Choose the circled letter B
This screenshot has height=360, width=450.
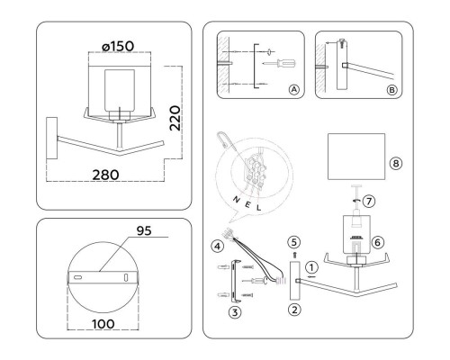pyautogui.click(x=389, y=90)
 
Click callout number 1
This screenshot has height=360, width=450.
pyautogui.click(x=311, y=266)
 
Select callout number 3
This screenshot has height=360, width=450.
pyautogui.click(x=232, y=311)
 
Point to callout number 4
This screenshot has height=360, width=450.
pyautogui.click(x=216, y=246)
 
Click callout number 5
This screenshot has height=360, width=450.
pyautogui.click(x=293, y=242)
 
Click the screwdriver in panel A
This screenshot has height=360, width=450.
pyautogui.click(x=274, y=65)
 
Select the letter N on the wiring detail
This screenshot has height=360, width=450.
pyautogui.click(x=237, y=199)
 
